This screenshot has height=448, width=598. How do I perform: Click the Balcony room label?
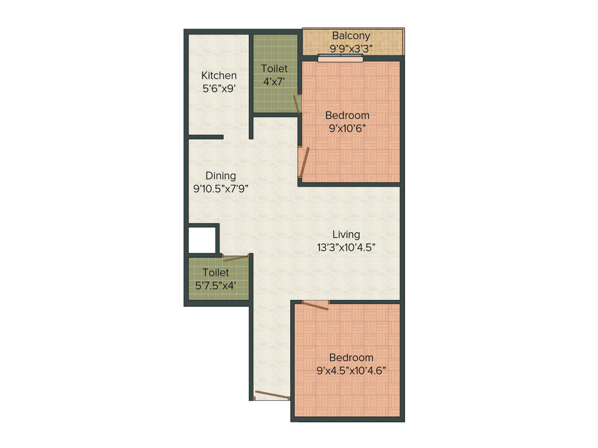click(x=352, y=36)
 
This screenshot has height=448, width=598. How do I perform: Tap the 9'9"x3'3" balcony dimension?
click(x=352, y=48)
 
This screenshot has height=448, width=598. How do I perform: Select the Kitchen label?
click(x=219, y=76)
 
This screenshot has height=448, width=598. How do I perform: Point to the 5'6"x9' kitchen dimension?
click(x=219, y=89)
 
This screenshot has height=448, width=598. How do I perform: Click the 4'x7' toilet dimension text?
click(x=274, y=82)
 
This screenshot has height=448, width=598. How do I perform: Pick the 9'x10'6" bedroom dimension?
click(x=347, y=128)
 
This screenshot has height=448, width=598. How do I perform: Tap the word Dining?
click(x=221, y=176)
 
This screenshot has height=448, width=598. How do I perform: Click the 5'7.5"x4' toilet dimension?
click(x=216, y=285)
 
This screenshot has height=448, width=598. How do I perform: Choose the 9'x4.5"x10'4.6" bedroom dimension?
click(x=351, y=370)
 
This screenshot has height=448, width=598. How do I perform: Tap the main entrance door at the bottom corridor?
click(x=272, y=395)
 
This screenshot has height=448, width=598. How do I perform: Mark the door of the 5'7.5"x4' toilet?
click(x=235, y=257)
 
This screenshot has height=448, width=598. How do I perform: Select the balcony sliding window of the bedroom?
click(x=340, y=58)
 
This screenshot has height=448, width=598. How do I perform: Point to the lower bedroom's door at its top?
click(x=316, y=304)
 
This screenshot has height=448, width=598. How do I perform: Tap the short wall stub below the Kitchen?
click(x=206, y=137)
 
